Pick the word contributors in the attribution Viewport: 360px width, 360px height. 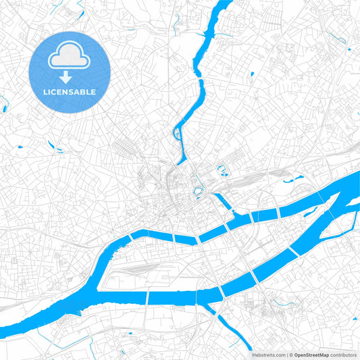tap(344, 354)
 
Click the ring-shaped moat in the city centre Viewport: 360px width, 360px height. tap(199, 191)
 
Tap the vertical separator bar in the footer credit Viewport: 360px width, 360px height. tap(286, 354)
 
